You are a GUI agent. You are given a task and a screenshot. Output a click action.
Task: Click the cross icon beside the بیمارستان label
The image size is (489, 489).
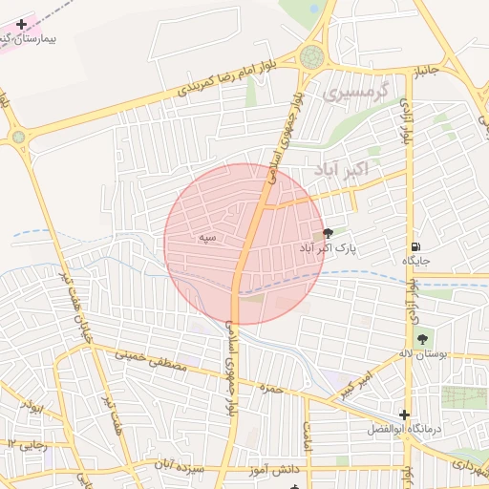point(22,24)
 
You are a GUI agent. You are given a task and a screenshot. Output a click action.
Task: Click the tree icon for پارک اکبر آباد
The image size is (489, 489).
point(329,232)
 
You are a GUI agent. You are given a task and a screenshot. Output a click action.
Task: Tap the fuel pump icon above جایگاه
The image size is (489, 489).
point(415,244)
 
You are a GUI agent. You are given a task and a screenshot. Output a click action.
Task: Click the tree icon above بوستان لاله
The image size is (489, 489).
point(422,338)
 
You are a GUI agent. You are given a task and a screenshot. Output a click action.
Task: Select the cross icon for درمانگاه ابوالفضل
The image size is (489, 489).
point(405,415)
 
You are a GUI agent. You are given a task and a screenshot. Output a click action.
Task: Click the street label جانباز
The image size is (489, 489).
point(425,69)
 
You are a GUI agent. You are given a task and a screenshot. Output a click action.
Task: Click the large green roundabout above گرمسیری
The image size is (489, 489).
point(311,56)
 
